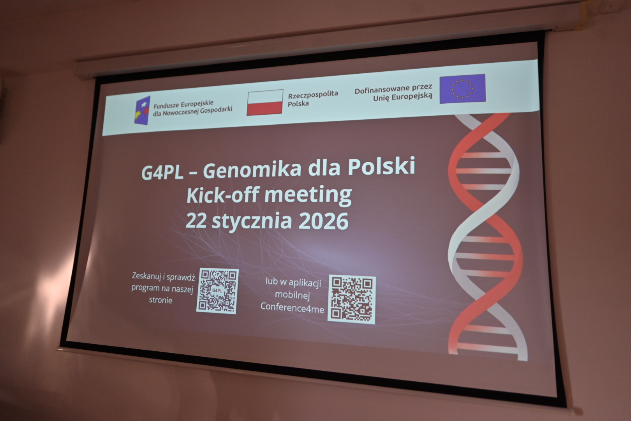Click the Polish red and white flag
[x=265, y=103]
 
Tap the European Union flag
[x=463, y=88]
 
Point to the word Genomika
[x=252, y=170]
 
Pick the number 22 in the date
[x=196, y=221]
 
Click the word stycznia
[x=252, y=221]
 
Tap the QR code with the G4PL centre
[x=217, y=291]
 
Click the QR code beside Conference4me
[x=352, y=299]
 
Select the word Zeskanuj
[x=146, y=276]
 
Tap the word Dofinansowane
[x=382, y=89]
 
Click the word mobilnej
[x=293, y=295]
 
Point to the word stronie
[x=160, y=300]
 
